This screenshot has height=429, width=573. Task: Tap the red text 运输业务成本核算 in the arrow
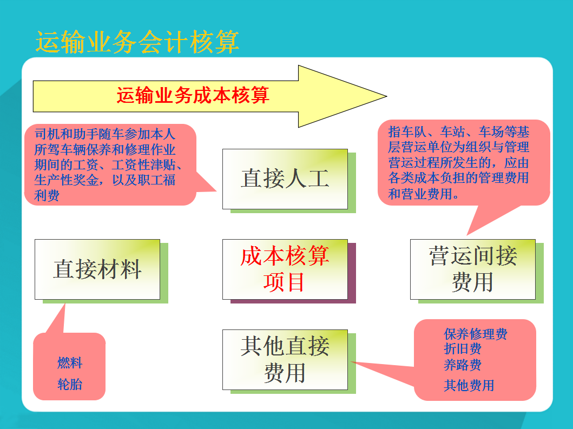pyautogui.click(x=193, y=96)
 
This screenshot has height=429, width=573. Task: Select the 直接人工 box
pyautogui.click(x=285, y=179)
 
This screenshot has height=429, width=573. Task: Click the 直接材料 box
pyautogui.click(x=97, y=269)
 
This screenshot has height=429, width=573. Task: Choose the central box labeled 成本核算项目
pyautogui.click(x=285, y=269)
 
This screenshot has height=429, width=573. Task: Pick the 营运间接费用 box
pyautogui.click(x=472, y=269)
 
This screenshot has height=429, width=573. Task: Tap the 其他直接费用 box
pyautogui.click(x=285, y=359)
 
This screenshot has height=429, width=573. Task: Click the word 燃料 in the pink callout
pyautogui.click(x=70, y=362)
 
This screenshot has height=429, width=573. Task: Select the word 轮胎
pyautogui.click(x=70, y=385)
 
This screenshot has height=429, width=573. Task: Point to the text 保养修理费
pyautogui.click(x=476, y=334)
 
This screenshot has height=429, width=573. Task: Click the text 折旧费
pyautogui.click(x=463, y=349)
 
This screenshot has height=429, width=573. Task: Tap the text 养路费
pyautogui.click(x=463, y=365)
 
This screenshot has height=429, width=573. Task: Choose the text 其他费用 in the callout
pyautogui.click(x=469, y=385)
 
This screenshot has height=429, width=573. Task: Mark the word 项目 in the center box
pyautogui.click(x=285, y=282)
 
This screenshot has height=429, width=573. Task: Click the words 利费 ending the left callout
pyautogui.click(x=47, y=195)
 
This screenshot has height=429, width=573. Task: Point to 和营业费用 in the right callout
pyautogui.click(x=420, y=193)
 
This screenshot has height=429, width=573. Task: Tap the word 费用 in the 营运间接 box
pyautogui.click(x=472, y=282)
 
